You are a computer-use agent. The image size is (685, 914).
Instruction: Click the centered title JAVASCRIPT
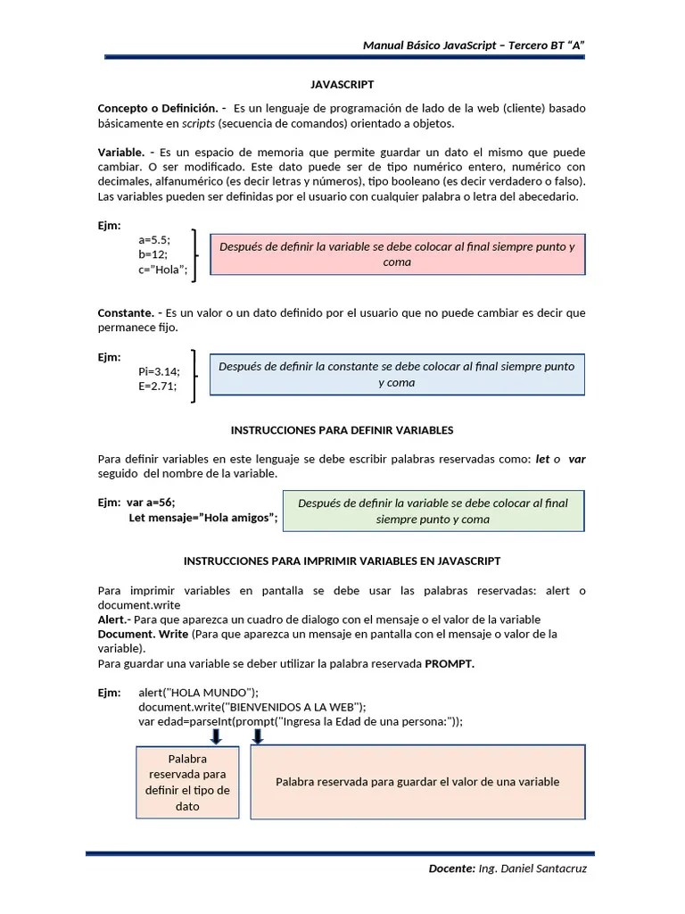(x=342, y=85)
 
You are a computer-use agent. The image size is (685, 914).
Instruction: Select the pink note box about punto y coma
(x=397, y=254)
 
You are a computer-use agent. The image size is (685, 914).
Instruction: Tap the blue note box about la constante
(x=397, y=374)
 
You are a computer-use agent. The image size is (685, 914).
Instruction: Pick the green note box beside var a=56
(x=433, y=511)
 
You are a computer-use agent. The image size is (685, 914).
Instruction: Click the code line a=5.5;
(x=154, y=240)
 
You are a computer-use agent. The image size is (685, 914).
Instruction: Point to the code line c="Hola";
(x=163, y=270)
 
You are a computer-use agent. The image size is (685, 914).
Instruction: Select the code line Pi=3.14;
(x=159, y=371)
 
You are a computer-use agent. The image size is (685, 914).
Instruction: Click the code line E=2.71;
(x=157, y=386)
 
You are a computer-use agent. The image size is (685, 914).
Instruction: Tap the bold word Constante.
(x=126, y=313)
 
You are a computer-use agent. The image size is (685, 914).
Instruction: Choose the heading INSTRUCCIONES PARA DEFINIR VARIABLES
(x=342, y=430)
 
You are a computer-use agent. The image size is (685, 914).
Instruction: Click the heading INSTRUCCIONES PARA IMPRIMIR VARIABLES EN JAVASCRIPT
(x=342, y=561)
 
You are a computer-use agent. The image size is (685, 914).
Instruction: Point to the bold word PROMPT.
(x=450, y=664)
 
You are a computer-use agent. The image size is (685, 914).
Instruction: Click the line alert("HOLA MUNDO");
(x=198, y=693)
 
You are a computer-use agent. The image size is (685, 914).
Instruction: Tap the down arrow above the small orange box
(x=216, y=735)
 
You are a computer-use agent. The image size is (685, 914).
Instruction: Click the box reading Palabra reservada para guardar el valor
(x=417, y=782)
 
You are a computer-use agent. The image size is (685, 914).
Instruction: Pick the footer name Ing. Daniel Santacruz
(x=532, y=868)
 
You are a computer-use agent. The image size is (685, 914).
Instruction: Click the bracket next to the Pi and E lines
(x=194, y=376)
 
